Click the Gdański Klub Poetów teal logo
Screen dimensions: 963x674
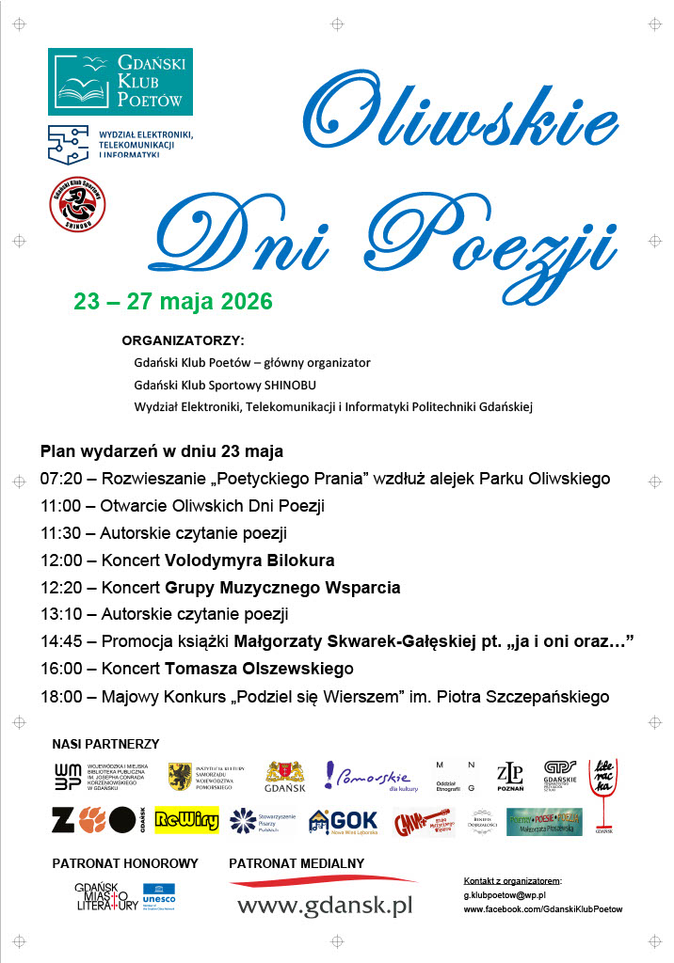120,82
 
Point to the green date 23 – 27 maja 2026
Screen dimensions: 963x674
173,302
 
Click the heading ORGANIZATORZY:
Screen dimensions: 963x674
183,339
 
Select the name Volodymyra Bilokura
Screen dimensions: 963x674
249,560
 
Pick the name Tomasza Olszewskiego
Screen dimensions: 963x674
259,670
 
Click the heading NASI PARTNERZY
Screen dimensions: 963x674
105,744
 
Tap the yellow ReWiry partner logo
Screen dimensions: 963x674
186,820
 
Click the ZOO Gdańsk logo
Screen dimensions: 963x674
99,820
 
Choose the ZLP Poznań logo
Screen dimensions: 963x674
509,777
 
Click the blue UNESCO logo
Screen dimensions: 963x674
159,895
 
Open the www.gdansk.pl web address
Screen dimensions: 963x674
325,907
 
